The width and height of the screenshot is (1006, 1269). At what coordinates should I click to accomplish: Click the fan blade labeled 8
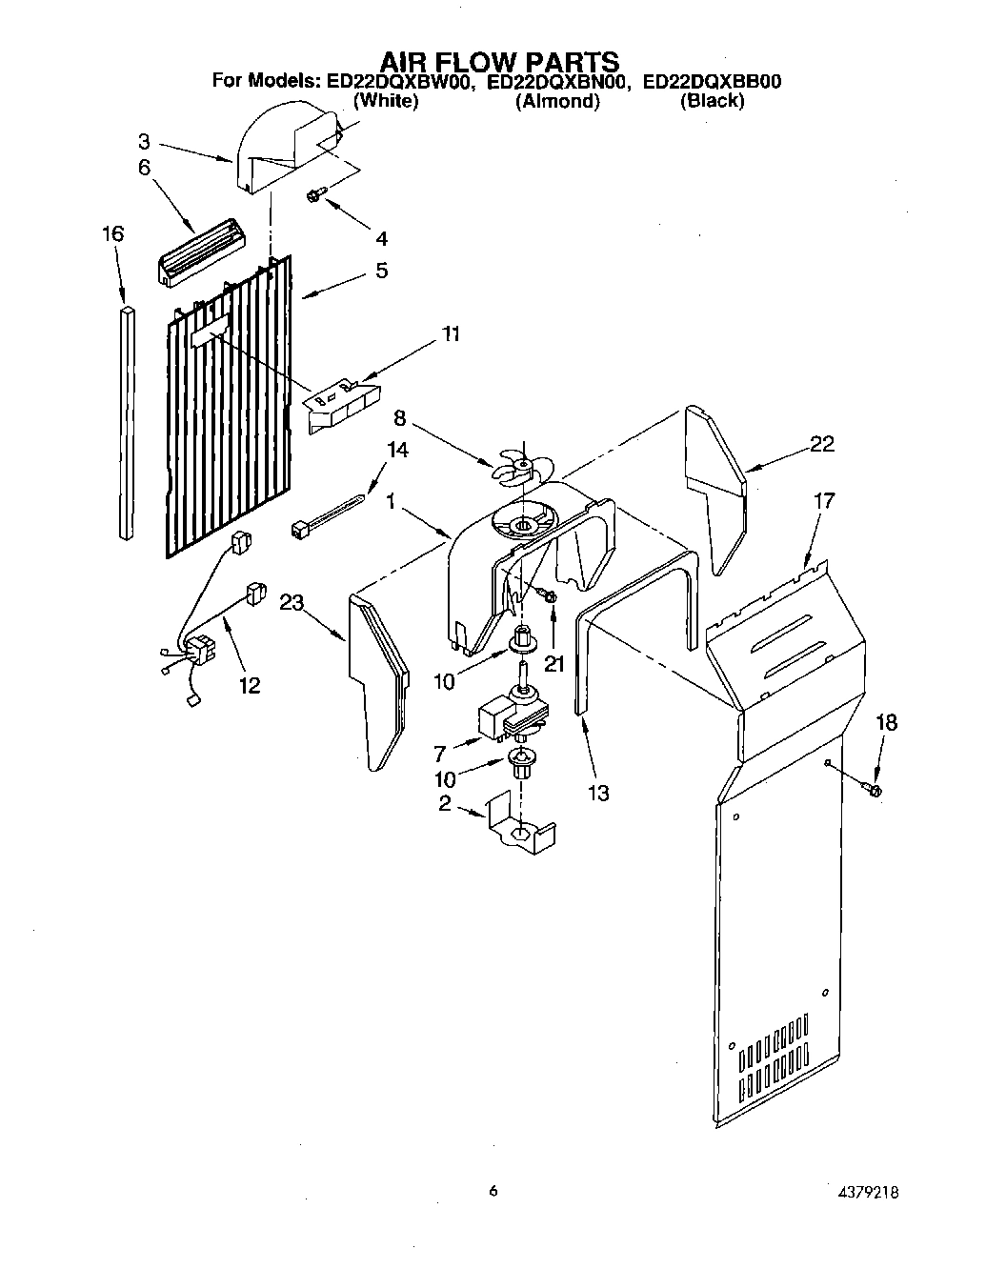tap(522, 466)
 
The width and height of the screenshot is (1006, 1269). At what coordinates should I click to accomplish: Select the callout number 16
tap(113, 234)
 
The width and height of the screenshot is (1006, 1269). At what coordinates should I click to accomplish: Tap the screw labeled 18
tap(874, 790)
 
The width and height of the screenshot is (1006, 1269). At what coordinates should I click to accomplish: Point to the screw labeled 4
tap(314, 195)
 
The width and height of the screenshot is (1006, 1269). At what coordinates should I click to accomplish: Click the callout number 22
tap(821, 443)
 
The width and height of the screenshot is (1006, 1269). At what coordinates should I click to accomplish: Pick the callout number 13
tap(598, 793)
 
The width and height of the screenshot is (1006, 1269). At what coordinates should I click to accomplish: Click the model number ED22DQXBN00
tap(558, 83)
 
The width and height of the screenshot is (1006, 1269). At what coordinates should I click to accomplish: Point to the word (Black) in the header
tap(711, 101)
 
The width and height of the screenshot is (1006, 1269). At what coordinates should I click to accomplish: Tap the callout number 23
tap(292, 601)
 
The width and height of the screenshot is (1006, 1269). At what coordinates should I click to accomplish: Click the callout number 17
tap(824, 499)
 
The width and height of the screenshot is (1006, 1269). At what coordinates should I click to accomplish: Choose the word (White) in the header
tap(385, 101)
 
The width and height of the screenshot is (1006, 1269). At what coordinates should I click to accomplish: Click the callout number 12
tap(250, 685)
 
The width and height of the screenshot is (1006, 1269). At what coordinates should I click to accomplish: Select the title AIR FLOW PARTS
tap(501, 63)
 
